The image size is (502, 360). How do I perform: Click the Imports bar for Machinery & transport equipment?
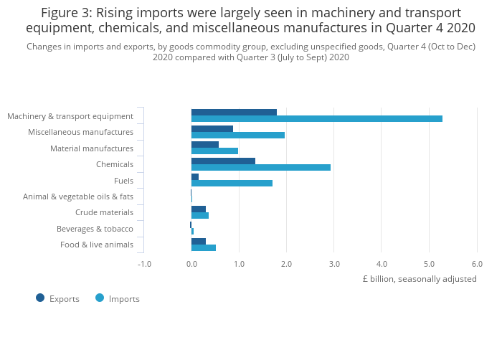point(316,119)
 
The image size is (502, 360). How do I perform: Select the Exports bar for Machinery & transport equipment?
point(234,112)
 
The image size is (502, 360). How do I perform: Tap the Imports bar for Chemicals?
point(260,167)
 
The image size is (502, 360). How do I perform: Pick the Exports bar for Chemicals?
point(223,161)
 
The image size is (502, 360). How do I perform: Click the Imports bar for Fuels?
point(232,183)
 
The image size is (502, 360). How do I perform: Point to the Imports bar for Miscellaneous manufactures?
point(237,135)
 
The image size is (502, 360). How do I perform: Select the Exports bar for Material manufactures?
point(204,144)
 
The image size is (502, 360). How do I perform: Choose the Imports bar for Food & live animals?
point(203,247)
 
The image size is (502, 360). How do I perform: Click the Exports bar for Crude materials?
point(198,209)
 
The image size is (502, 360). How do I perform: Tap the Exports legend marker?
point(40,298)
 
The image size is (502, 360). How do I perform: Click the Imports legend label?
point(124,298)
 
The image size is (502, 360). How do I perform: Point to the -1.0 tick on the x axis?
point(144,264)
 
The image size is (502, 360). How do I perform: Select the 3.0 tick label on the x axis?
point(334,264)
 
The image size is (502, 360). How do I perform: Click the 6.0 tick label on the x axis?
point(476,264)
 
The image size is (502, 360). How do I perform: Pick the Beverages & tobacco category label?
point(95,229)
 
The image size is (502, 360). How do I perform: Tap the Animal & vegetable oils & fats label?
point(78,196)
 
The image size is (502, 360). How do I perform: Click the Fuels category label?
point(123,181)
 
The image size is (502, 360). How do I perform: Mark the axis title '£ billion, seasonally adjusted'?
point(420,279)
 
